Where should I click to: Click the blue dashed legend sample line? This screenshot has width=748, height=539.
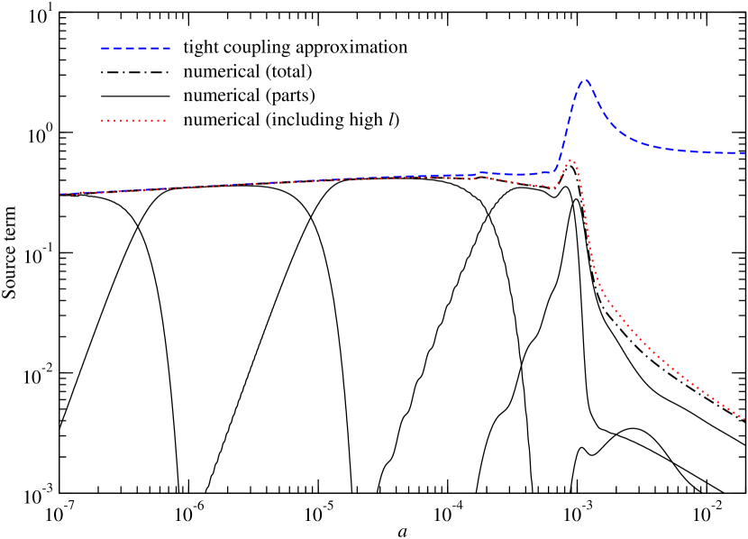click(135, 48)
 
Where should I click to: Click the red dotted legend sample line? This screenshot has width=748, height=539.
click(133, 120)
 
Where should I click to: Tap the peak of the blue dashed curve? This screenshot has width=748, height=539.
click(586, 80)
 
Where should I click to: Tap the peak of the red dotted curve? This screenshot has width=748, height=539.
click(570, 160)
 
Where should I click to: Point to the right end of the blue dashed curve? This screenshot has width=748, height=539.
click(745, 153)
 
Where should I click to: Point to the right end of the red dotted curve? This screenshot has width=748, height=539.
click(744, 418)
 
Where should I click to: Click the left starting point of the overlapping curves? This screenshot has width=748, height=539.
click(61, 194)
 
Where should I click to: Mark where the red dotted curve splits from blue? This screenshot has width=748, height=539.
click(478, 176)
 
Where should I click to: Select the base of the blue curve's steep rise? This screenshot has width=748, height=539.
click(557, 170)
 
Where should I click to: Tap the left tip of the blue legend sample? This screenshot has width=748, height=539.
click(102, 48)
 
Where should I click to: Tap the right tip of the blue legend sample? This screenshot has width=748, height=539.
click(170, 48)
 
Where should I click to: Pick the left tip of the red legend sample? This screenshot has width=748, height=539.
click(102, 120)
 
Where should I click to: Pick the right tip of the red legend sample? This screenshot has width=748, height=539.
click(166, 120)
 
